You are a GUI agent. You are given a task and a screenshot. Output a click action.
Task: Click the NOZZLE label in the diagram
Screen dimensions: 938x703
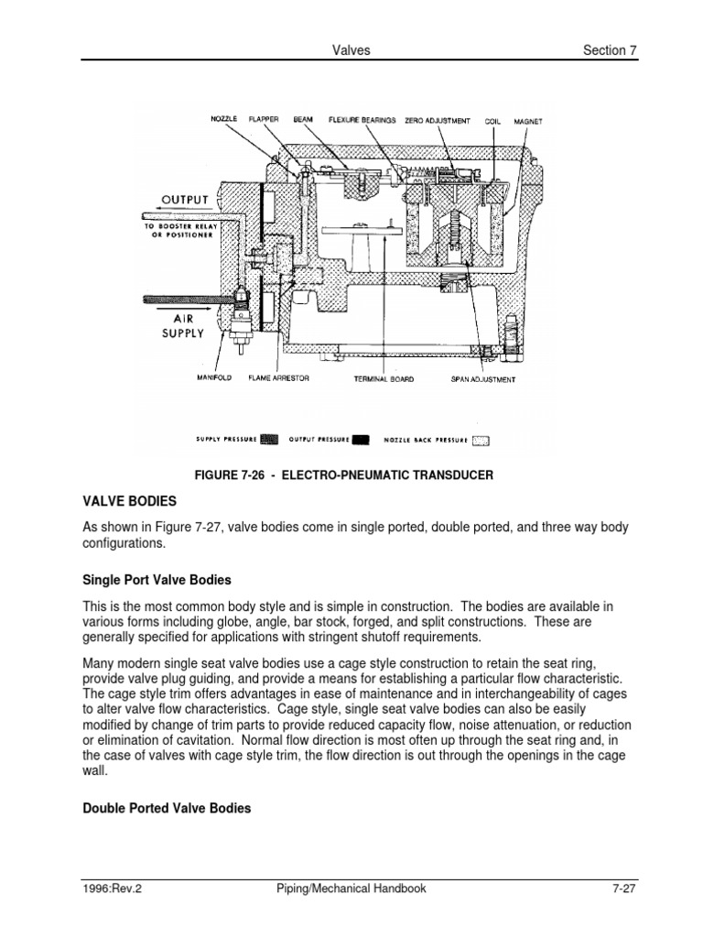224,120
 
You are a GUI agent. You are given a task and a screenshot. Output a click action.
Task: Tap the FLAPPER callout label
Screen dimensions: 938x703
265,120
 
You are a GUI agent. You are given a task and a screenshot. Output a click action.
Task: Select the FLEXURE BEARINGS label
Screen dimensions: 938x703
362,120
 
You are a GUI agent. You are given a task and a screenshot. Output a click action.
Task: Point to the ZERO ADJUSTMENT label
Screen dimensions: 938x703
438,120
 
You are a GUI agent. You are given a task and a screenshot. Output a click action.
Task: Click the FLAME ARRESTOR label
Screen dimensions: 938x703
279,378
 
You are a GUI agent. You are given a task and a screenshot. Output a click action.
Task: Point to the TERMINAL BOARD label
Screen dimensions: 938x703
384,378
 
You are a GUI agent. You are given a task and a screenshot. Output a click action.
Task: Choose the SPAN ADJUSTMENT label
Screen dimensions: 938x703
482,378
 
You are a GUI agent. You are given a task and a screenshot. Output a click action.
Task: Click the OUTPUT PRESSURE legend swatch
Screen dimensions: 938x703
361,440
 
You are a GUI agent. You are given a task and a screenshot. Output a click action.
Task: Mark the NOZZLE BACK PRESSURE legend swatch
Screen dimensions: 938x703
481,440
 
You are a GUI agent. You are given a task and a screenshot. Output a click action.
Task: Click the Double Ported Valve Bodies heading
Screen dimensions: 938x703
167,809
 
